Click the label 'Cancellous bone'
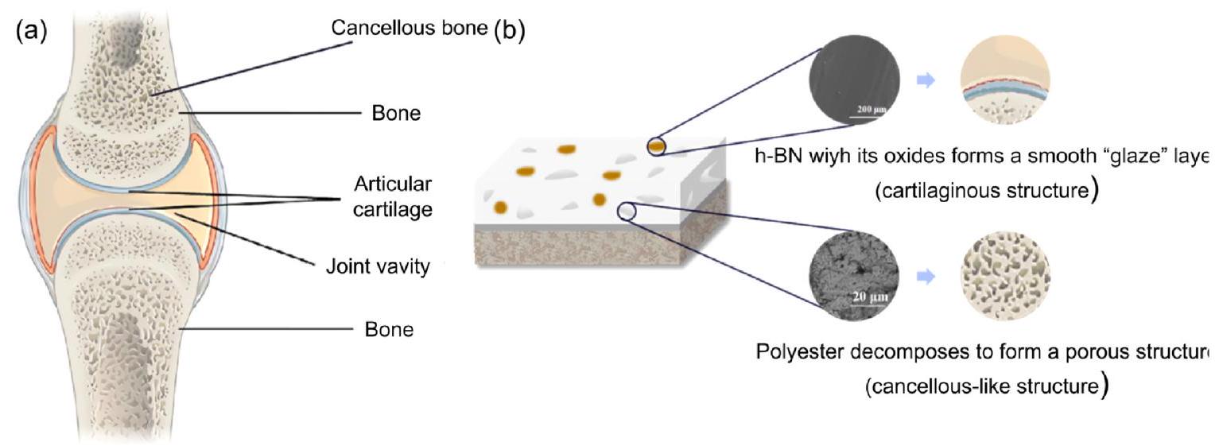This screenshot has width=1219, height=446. tap(411, 29)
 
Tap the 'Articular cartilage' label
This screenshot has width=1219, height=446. tap(393, 195)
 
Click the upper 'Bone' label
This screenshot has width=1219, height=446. tap(396, 114)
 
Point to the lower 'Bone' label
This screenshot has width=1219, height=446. tap(390, 328)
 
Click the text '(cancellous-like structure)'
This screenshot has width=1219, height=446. tap(986, 387)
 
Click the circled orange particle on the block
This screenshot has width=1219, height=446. tap(656, 146)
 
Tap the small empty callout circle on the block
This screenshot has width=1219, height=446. tap(627, 211)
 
